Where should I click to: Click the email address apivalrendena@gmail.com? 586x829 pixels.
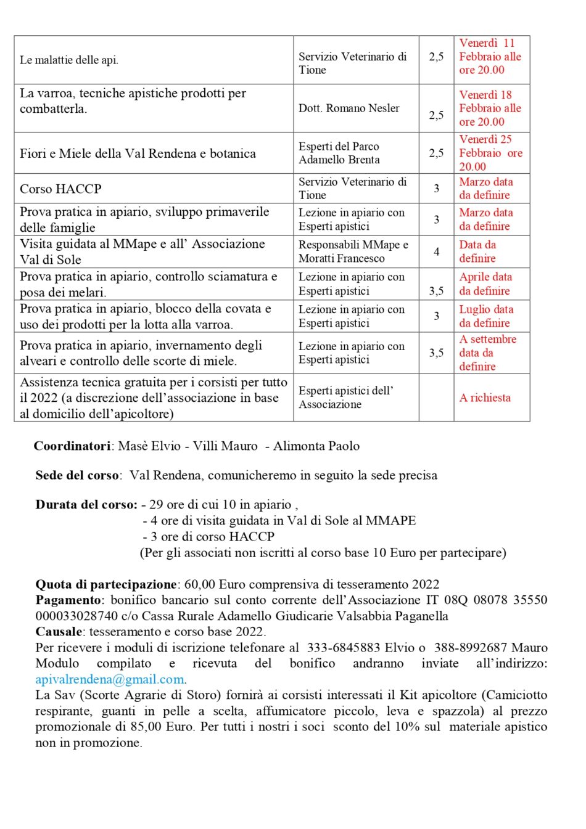tap(110, 679)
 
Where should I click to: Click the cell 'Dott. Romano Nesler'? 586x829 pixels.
tap(349, 108)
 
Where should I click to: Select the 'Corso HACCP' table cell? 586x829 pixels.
tap(60, 189)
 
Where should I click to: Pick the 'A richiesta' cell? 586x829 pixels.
tap(485, 398)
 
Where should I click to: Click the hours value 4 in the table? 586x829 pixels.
tap(436, 251)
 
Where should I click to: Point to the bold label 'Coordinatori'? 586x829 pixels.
tap(72, 446)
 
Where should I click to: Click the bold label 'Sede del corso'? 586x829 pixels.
tap(77, 475)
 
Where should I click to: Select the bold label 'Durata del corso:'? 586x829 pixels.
tap(86, 505)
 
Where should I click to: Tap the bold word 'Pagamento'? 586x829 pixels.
tap(68, 600)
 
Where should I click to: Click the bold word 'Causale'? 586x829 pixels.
tap(59, 632)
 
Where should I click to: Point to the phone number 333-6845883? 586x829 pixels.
tap(344, 648)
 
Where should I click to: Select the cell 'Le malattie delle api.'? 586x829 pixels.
tap(69, 60)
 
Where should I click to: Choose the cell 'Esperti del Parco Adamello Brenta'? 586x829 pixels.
tap(339, 153)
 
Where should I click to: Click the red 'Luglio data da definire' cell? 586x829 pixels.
tap(486, 316)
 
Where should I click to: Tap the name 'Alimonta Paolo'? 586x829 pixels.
tap(316, 446)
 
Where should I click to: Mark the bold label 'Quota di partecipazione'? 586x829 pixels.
tap(106, 584)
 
